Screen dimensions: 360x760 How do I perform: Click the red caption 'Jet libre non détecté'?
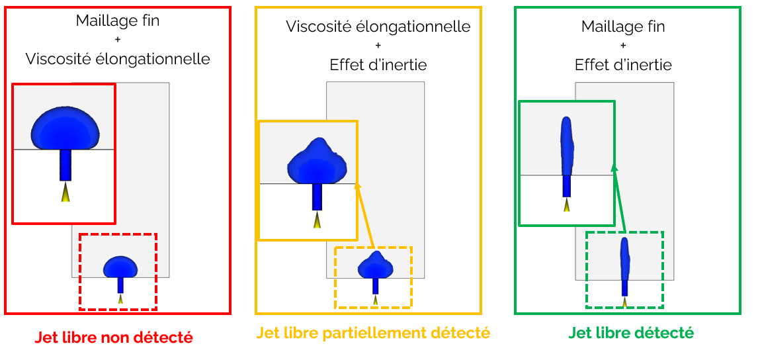[x=114, y=337]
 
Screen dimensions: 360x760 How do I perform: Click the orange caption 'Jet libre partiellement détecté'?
[x=373, y=332]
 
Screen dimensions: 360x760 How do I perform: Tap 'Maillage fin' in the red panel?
[x=118, y=21]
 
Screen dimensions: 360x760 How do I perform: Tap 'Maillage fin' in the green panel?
[x=623, y=27]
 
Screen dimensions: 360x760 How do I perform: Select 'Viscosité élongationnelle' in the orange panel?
[x=378, y=27]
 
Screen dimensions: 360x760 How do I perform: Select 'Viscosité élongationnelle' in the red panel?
[x=118, y=59]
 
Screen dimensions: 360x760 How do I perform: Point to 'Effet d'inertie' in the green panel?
[x=623, y=65]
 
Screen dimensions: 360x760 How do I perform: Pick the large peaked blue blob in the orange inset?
[x=317, y=162]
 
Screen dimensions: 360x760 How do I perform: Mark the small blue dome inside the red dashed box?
[x=120, y=267]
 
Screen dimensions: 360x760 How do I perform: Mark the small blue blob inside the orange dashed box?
[x=376, y=265]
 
